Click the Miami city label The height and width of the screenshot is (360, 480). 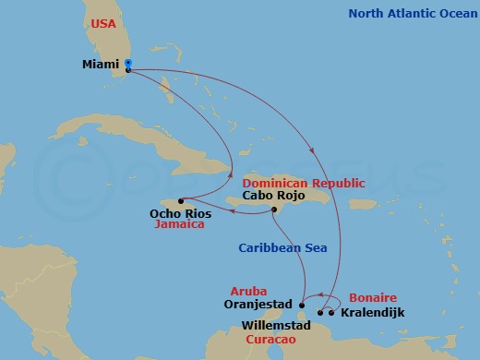click(x=101, y=65)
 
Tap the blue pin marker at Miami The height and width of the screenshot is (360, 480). click(x=127, y=64)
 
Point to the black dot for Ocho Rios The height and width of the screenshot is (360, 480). click(x=181, y=201)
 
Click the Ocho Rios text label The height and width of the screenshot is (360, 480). click(x=180, y=214)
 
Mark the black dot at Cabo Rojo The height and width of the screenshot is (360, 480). click(x=274, y=210)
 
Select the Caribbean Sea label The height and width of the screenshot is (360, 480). click(x=280, y=248)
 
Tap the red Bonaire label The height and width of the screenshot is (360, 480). click(x=372, y=298)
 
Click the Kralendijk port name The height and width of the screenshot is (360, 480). click(x=372, y=312)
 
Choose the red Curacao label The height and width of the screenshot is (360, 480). click(x=270, y=340)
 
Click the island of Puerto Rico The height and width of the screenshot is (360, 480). click(x=363, y=203)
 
